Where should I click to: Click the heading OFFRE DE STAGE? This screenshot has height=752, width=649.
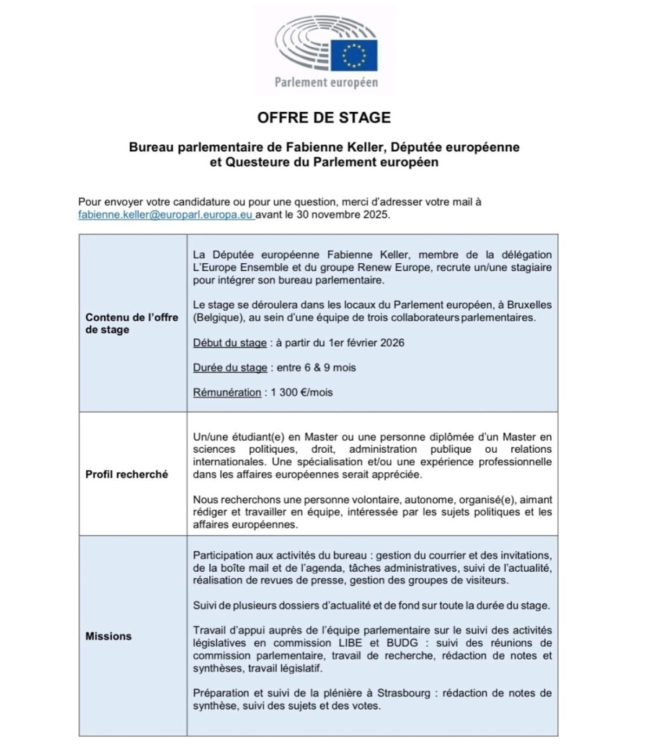[324, 117]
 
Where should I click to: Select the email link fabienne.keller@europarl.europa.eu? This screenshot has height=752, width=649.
[166, 215]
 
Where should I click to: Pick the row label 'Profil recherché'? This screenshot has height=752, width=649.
[126, 474]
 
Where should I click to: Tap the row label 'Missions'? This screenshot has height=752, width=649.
[108, 636]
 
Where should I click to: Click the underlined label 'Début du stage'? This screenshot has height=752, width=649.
[229, 342]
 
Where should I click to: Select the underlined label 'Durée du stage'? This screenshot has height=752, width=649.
[230, 367]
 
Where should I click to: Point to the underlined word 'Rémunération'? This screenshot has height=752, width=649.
[226, 392]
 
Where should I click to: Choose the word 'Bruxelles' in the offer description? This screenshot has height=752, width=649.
[530, 305]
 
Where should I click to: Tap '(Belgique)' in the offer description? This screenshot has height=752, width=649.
[218, 317]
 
